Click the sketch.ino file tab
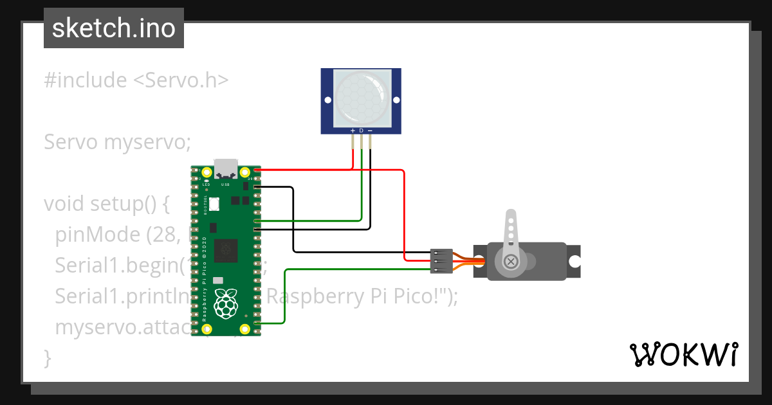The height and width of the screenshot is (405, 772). click(x=113, y=28)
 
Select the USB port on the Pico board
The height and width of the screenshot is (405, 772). click(x=226, y=169)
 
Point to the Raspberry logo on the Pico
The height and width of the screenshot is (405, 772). click(x=225, y=303)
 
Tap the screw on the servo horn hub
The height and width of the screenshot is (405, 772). click(x=511, y=261)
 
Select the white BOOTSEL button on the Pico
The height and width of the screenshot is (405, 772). click(x=215, y=204)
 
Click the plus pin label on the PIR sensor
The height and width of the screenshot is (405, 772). click(x=353, y=130)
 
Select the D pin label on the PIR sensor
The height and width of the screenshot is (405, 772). click(x=361, y=130)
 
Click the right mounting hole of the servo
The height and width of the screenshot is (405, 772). click(x=573, y=262)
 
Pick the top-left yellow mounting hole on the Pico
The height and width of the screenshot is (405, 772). click(x=207, y=172)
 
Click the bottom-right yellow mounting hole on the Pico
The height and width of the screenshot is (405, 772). click(x=245, y=330)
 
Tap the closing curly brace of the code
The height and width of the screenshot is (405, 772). click(x=47, y=357)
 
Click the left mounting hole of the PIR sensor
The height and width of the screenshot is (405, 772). click(x=327, y=101)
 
